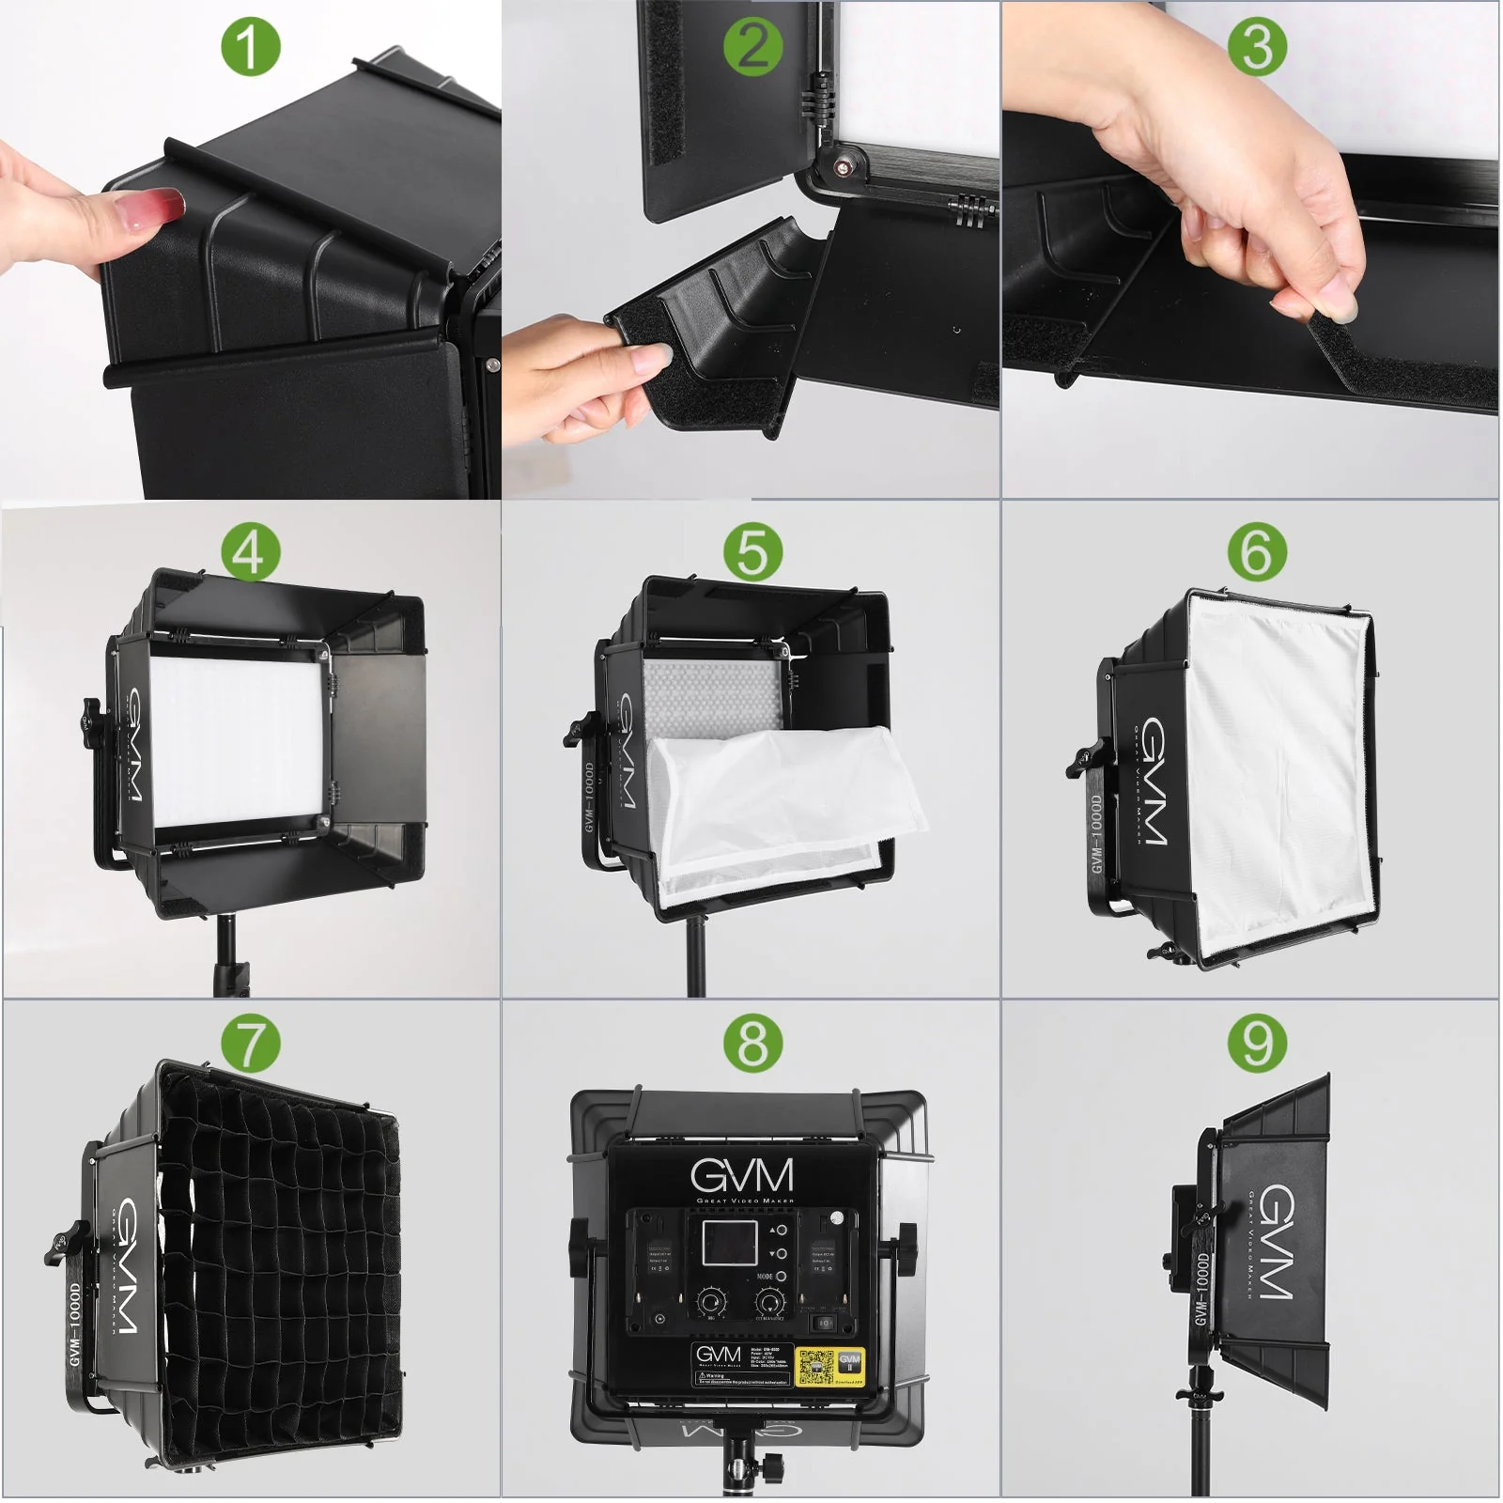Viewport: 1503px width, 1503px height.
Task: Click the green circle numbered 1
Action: (250, 47)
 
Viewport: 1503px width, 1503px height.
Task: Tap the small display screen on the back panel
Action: (730, 1242)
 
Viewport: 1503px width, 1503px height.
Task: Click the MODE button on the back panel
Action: (781, 1277)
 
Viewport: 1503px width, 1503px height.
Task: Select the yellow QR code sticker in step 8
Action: (814, 1368)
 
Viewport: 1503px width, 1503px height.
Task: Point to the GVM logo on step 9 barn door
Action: (1276, 1242)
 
